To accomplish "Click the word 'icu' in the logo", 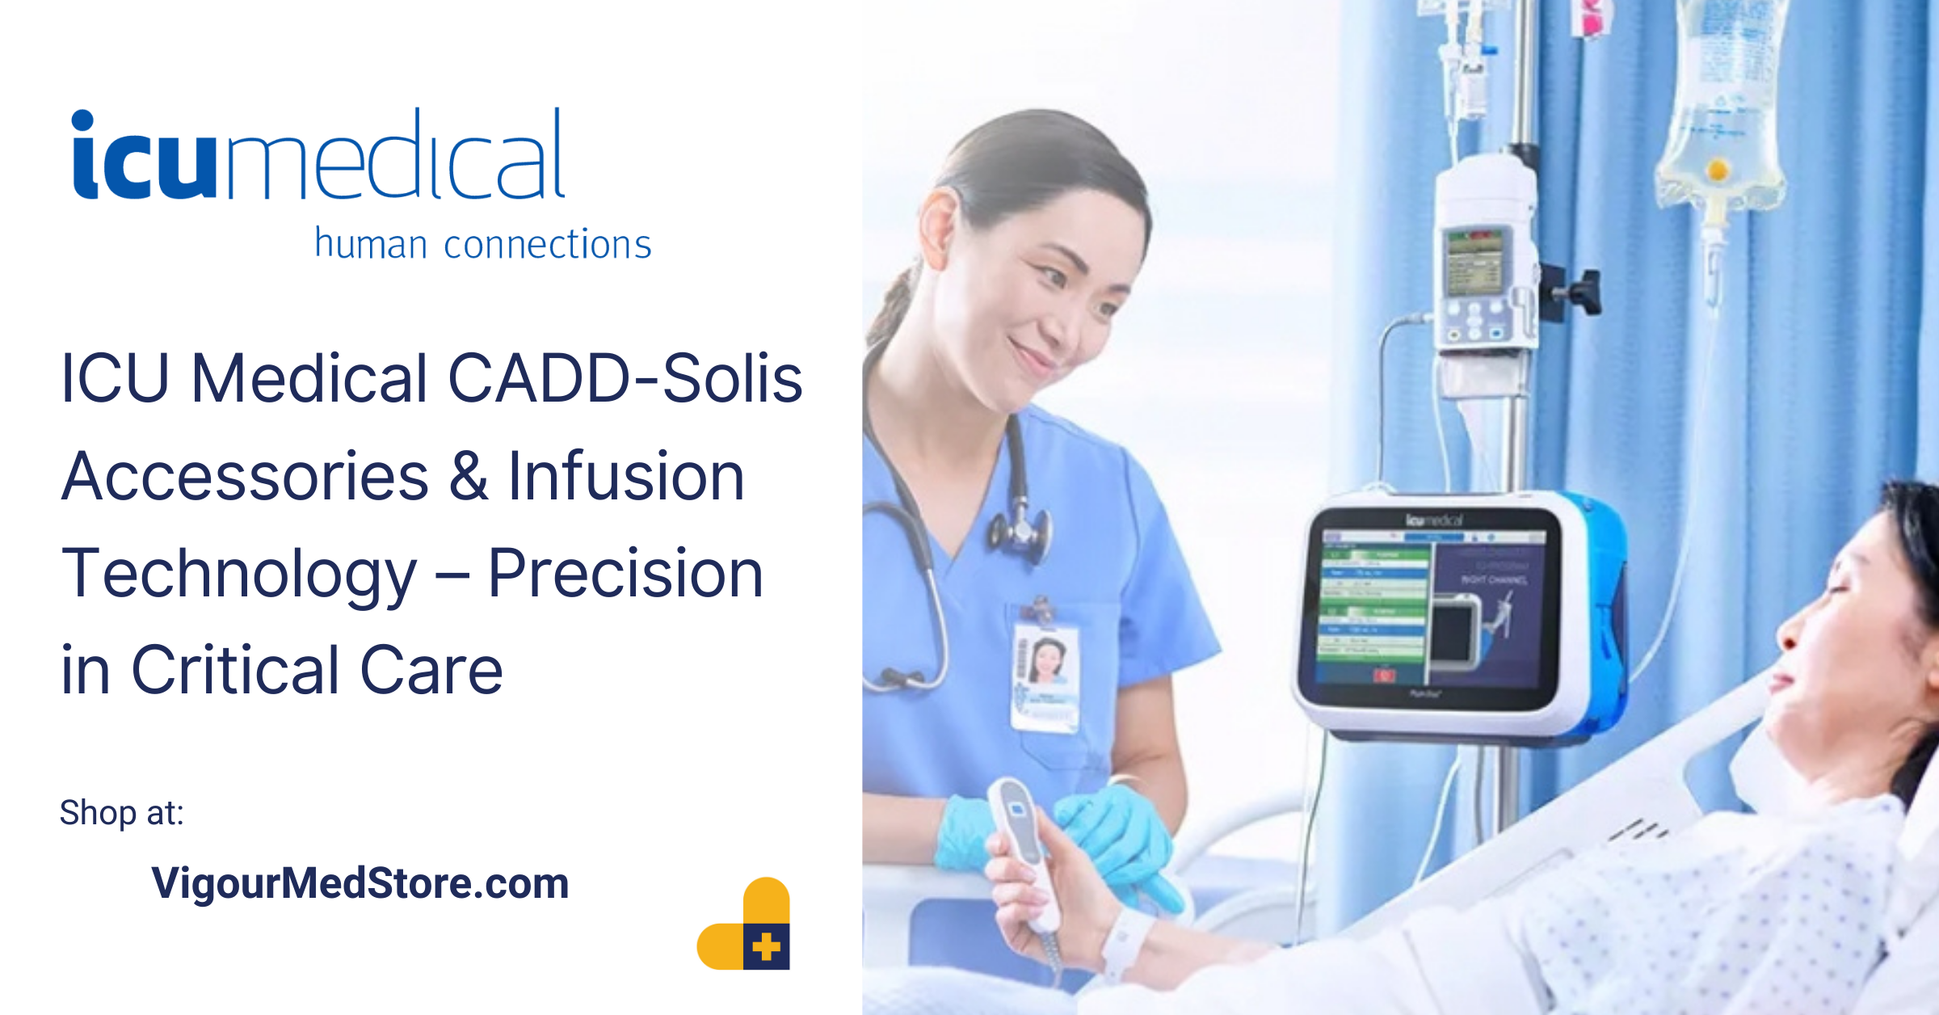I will pyautogui.click(x=144, y=158).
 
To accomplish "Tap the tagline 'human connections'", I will pyautogui.click(x=482, y=244).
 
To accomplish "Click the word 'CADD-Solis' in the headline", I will pyautogui.click(x=625, y=378).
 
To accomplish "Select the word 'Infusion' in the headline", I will pyautogui.click(x=625, y=477).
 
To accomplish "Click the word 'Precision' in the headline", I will pyautogui.click(x=625, y=574).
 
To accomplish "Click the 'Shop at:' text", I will pyautogui.click(x=122, y=813).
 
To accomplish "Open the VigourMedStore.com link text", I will pyautogui.click(x=360, y=883).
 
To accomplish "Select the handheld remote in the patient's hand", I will pyautogui.click(x=1022, y=849).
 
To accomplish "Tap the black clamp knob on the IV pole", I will pyautogui.click(x=1579, y=291).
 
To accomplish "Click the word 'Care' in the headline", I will pyautogui.click(x=431, y=671).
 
